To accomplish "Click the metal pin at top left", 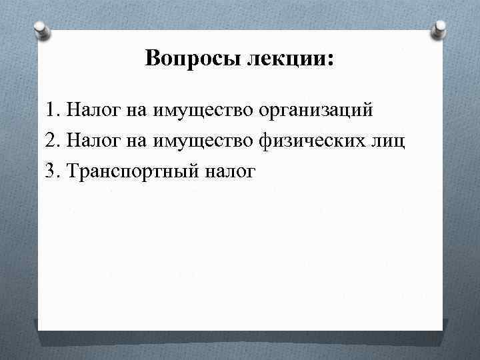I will coord(41,29).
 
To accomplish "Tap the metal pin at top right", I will coord(440,29).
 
